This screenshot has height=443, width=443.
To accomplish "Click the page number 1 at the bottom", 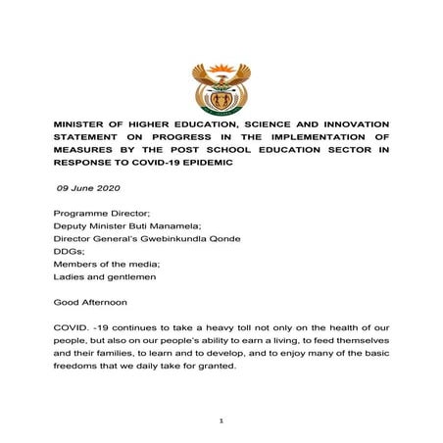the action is point(222,420).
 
